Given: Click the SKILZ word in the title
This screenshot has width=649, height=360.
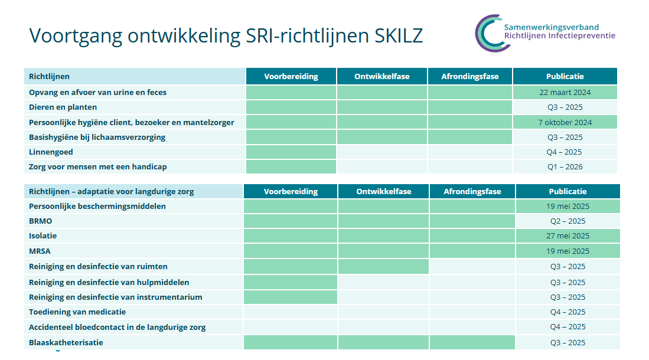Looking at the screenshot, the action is pyautogui.click(x=399, y=35).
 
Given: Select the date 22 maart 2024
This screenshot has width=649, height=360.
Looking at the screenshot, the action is pyautogui.click(x=565, y=92).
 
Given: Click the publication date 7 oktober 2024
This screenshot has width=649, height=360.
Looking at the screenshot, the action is pyautogui.click(x=565, y=123).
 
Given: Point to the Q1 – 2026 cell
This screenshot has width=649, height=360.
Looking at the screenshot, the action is pyautogui.click(x=565, y=167).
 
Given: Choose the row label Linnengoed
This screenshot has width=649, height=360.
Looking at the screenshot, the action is pyautogui.click(x=51, y=152).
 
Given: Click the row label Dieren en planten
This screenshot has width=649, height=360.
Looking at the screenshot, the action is pyautogui.click(x=63, y=107).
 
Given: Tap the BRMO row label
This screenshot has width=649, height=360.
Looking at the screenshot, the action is pyautogui.click(x=41, y=221).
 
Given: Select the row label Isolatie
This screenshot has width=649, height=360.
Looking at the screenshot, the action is pyautogui.click(x=43, y=236).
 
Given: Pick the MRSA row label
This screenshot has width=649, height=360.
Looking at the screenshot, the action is pyautogui.click(x=40, y=251).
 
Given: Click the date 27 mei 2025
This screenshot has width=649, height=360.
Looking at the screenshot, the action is pyautogui.click(x=568, y=236).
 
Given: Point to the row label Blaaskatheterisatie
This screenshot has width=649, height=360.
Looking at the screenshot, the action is pyautogui.click(x=66, y=343).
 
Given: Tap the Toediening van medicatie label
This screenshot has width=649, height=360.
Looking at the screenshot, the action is pyautogui.click(x=77, y=312).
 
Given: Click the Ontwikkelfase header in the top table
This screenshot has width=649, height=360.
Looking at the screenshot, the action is pyautogui.click(x=381, y=76).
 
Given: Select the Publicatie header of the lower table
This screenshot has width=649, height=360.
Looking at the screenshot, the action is pyautogui.click(x=568, y=191).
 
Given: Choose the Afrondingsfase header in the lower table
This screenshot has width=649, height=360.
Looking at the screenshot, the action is pyautogui.click(x=472, y=191).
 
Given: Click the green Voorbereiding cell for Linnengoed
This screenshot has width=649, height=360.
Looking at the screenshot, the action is pyautogui.click(x=291, y=152).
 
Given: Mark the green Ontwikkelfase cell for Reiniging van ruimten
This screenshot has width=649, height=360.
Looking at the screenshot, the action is pyautogui.click(x=383, y=267).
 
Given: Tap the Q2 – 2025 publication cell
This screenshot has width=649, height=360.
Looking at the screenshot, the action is pyautogui.click(x=568, y=221).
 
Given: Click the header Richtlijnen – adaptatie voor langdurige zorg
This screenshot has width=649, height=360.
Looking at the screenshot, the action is pyautogui.click(x=112, y=192).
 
